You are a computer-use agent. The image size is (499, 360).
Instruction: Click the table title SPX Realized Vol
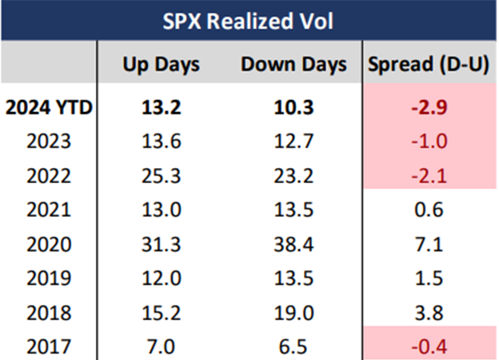click(x=249, y=18)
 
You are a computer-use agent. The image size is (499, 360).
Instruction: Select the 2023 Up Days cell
click(x=161, y=142)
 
